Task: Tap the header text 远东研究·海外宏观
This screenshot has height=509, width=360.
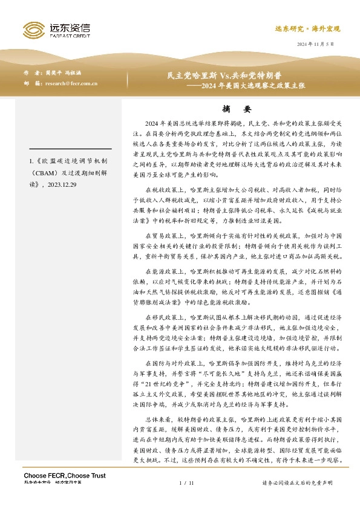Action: coord(308,28)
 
